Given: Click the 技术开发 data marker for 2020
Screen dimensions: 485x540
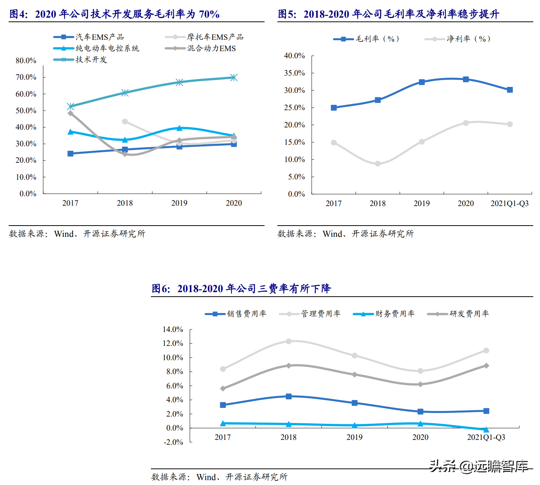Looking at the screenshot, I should pyautogui.click(x=234, y=77).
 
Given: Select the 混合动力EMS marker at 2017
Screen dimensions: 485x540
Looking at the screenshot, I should pyautogui.click(x=70, y=113).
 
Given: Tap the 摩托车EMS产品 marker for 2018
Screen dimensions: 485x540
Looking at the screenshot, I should pyautogui.click(x=125, y=121).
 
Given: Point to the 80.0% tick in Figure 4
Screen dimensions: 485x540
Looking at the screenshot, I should pyautogui.click(x=26, y=61).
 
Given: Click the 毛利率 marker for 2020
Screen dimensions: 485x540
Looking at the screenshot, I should pyautogui.click(x=466, y=79).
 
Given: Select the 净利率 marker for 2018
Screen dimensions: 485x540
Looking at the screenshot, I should pyautogui.click(x=378, y=164).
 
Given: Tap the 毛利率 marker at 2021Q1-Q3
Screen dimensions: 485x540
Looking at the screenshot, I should pyautogui.click(x=510, y=90).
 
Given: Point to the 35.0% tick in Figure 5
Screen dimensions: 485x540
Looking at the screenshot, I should pyautogui.click(x=294, y=73).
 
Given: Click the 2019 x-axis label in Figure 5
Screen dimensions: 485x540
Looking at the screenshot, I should pyautogui.click(x=421, y=203).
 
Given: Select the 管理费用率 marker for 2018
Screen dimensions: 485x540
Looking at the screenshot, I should pyautogui.click(x=289, y=341).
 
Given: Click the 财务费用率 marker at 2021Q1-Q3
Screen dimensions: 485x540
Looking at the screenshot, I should pyautogui.click(x=486, y=429).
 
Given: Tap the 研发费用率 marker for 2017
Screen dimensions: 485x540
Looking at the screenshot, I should pyautogui.click(x=223, y=388).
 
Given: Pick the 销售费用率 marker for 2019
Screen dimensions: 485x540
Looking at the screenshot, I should pyautogui.click(x=354, y=403).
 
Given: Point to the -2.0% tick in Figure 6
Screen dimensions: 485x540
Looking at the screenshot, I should pyautogui.click(x=173, y=442).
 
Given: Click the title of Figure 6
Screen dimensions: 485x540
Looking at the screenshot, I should pyautogui.click(x=241, y=288).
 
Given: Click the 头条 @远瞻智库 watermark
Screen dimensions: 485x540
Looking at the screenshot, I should pyautogui.click(x=479, y=466).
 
